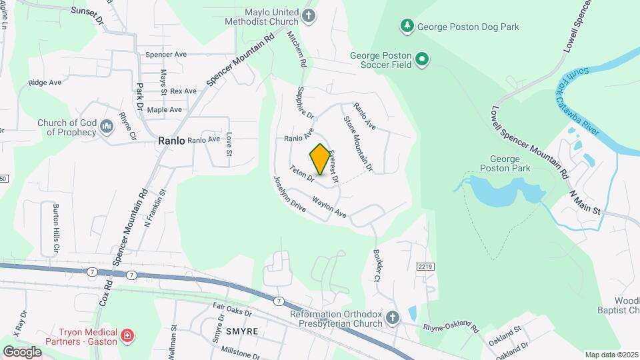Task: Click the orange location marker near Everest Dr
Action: point(320,160)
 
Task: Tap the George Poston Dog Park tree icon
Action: point(406,26)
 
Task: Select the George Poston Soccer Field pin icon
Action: point(421,60)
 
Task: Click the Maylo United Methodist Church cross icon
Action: point(308,16)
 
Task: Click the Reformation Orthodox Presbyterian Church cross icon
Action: point(393,318)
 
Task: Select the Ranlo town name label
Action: point(171,141)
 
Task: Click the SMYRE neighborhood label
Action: point(224,331)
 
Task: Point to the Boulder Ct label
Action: point(377,267)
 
